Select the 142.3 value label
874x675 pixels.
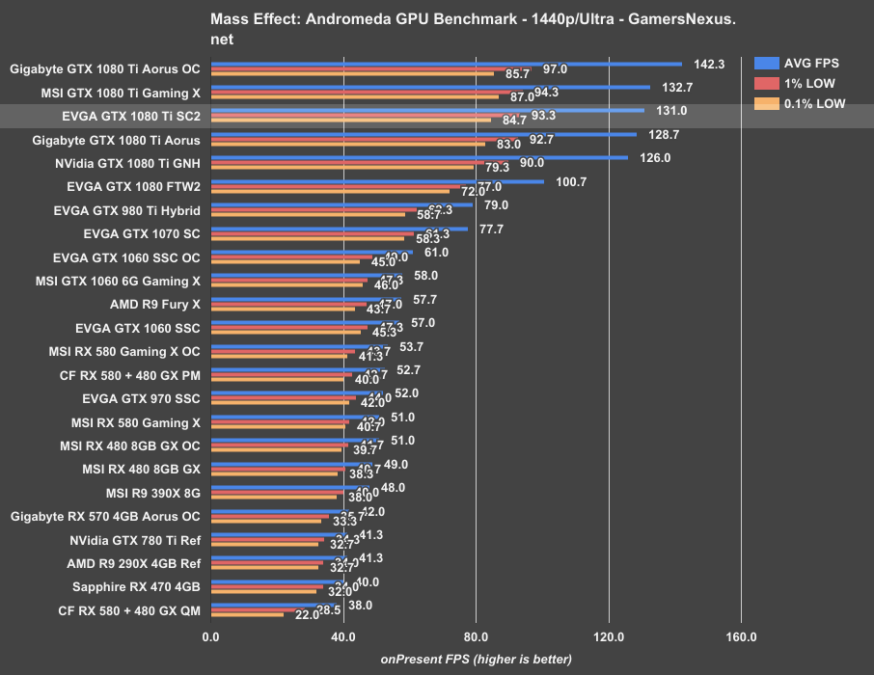point(709,64)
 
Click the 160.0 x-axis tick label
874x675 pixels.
point(741,636)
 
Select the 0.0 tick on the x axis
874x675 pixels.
point(210,636)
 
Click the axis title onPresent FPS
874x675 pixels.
point(476,659)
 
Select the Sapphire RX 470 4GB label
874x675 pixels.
point(136,586)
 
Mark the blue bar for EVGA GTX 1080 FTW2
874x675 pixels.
point(377,181)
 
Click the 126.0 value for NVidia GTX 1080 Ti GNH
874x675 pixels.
point(655,158)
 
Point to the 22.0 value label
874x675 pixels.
point(307,615)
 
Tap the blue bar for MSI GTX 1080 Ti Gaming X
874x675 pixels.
point(430,88)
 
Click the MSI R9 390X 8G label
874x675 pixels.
point(147,492)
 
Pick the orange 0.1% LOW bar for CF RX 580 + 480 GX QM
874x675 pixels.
point(247,615)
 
